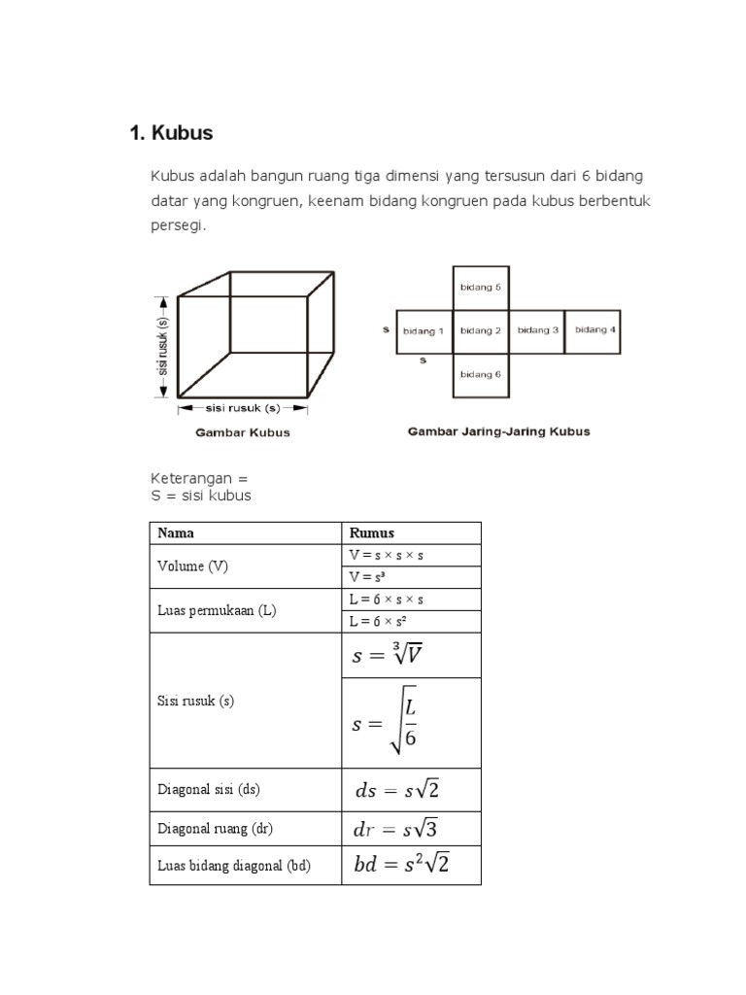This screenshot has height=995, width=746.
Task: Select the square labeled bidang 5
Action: pyautogui.click(x=480, y=288)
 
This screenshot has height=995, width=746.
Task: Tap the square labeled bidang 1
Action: pyautogui.click(x=424, y=330)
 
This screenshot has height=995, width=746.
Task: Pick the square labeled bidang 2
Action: pyautogui.click(x=480, y=330)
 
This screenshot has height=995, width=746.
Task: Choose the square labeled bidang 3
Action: pyautogui.click(x=537, y=330)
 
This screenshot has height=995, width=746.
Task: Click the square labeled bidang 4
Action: pyautogui.click(x=593, y=330)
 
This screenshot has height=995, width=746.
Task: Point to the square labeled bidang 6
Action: pyautogui.click(x=480, y=374)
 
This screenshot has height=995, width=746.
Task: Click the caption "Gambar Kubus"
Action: pyautogui.click(x=243, y=432)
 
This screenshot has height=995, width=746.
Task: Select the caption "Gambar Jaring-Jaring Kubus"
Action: pyautogui.click(x=497, y=430)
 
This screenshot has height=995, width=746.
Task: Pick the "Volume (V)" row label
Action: pyautogui.click(x=192, y=566)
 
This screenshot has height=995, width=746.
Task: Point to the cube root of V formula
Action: pyautogui.click(x=387, y=656)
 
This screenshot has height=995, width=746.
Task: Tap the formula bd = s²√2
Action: pyautogui.click(x=402, y=864)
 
